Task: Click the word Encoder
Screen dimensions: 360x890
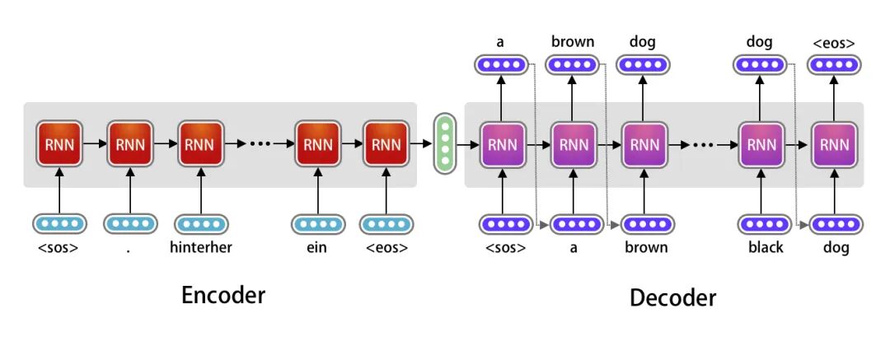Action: pos(223,295)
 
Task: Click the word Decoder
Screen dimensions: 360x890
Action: pos(672,297)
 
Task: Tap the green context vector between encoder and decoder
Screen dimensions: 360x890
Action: pos(445,144)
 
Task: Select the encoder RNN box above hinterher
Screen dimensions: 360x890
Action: pos(199,144)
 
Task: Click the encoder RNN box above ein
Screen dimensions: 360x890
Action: pos(316,144)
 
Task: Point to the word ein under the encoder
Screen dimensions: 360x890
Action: pos(316,247)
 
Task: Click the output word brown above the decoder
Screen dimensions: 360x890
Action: pos(573,41)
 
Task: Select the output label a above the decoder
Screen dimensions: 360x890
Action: pos(501,41)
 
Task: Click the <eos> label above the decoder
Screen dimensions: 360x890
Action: pos(833,42)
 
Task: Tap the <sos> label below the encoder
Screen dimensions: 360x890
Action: pos(59,247)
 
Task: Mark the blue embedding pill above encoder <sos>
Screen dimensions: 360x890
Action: pos(59,223)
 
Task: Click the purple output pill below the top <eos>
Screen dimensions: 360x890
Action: pos(834,65)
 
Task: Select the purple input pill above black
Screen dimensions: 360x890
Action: pos(763,223)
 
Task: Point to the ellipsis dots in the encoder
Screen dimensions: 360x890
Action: pos(259,144)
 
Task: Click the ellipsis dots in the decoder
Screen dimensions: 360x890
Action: pos(703,144)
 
